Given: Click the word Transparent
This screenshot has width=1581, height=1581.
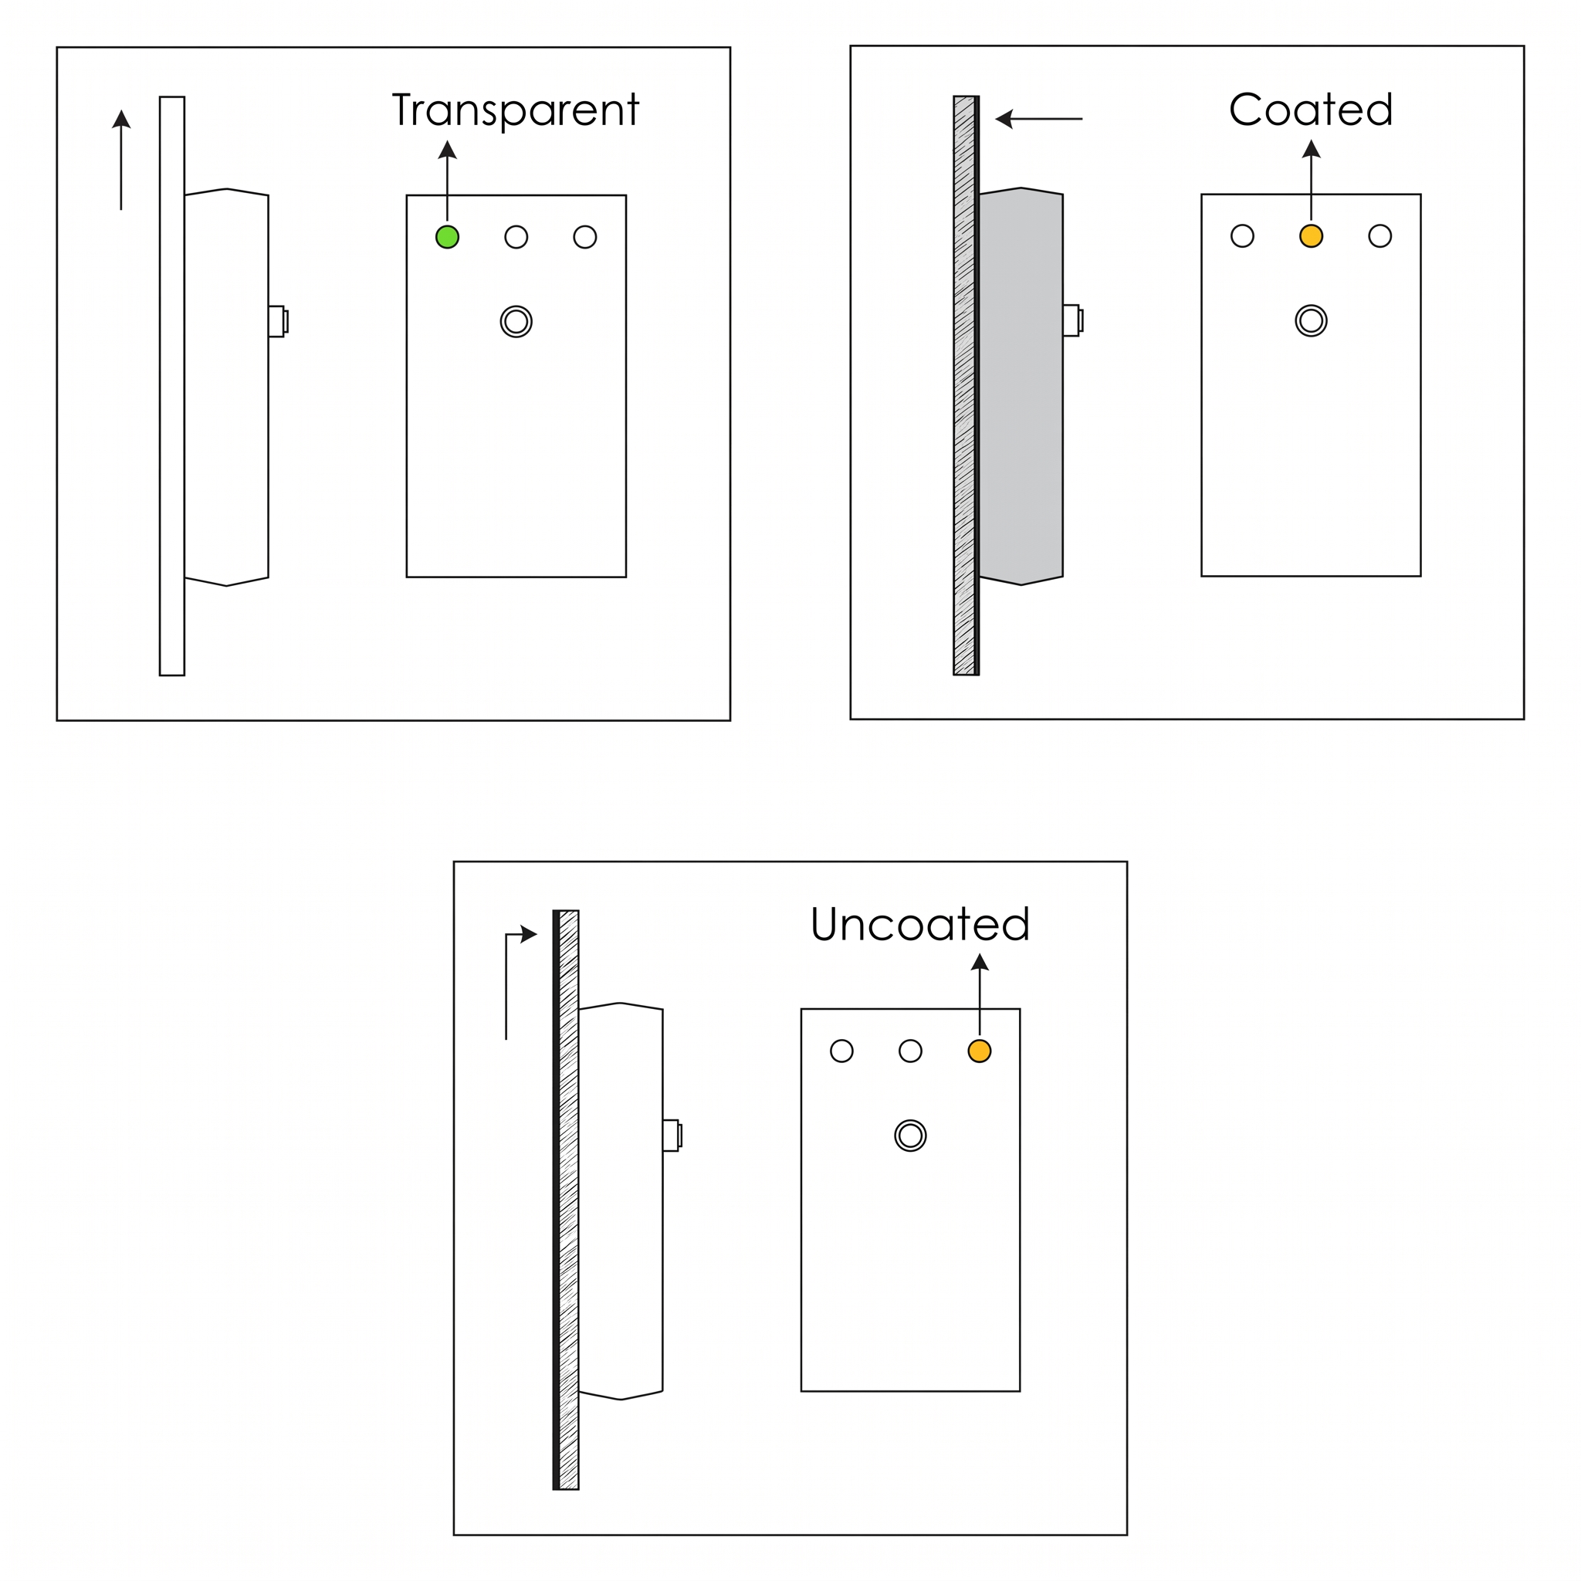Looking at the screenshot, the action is (516, 111).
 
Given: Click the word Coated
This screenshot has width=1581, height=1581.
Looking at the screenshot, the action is (1310, 109).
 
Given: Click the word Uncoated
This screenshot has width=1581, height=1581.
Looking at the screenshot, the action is (919, 924).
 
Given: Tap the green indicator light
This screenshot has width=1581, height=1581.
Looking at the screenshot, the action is (447, 237).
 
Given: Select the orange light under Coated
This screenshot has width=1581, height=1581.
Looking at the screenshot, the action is (1311, 235).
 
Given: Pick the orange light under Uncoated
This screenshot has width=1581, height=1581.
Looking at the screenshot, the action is (980, 1051).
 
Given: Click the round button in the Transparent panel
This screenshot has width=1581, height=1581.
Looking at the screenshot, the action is (516, 322).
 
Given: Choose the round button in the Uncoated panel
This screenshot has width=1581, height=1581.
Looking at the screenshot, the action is (910, 1135).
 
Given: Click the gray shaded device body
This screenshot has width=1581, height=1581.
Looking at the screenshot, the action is (1021, 386).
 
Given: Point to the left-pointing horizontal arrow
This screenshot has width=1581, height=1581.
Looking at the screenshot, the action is (1039, 119).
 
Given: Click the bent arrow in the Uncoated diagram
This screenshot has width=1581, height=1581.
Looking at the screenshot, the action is (506, 982).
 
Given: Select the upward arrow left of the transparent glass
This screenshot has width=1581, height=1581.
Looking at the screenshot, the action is (121, 160).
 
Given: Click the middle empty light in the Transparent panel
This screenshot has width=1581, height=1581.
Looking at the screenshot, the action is (516, 237).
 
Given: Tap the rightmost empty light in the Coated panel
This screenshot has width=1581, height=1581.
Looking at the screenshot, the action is (1380, 235).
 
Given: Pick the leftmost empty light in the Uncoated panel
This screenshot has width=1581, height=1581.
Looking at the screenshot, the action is (841, 1051).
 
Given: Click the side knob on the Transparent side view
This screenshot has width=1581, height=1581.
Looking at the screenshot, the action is (278, 322).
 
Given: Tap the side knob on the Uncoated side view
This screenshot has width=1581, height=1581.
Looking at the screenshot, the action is (672, 1135).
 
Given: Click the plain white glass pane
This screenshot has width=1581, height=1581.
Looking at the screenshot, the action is (172, 386).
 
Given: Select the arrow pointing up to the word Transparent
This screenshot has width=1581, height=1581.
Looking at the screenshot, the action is (447, 180).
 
